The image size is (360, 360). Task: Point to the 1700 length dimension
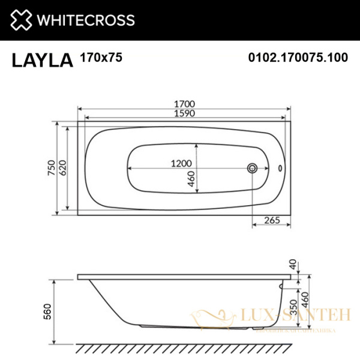click(185, 103)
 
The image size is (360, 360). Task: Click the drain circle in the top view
click(254, 168)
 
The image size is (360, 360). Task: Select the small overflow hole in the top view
click(280, 169)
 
